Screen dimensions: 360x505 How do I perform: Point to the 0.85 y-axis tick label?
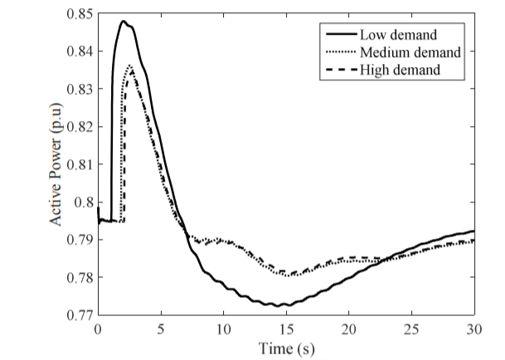pos(78,13)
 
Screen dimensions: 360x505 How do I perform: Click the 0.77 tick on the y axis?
pos(78,315)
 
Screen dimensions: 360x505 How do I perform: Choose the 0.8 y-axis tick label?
pos(83,202)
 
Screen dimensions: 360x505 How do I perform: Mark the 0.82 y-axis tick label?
pos(78,126)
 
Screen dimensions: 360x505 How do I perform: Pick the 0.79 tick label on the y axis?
pos(78,240)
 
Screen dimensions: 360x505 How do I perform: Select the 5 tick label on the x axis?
pos(161,330)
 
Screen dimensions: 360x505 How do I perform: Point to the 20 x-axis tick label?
pos(349,330)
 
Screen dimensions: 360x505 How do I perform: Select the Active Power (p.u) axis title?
pos(58,164)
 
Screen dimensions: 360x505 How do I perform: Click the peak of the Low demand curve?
pos(123,22)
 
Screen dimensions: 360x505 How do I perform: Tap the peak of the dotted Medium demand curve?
pos(130,66)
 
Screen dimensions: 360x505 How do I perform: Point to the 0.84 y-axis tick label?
pos(78,51)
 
